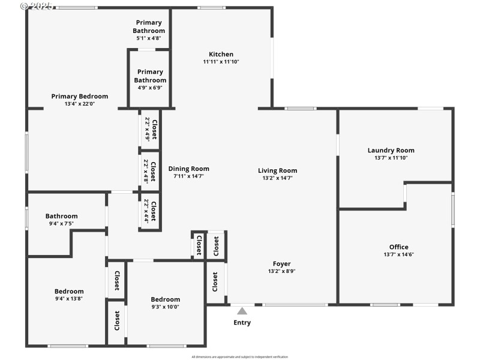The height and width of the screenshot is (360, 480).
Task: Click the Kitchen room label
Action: pos(221,54)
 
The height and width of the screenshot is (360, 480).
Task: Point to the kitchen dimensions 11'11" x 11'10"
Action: pos(221,62)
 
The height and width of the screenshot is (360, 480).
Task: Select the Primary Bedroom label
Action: pos(80,96)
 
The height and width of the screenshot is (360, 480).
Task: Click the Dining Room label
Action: pos(188,169)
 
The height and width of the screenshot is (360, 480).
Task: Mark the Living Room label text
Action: pos(277,170)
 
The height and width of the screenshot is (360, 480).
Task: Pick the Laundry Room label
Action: pos(391,151)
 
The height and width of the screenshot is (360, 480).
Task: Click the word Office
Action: pos(398,247)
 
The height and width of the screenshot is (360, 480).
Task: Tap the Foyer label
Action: pos(281,263)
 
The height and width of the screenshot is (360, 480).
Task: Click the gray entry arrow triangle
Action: pos(242,311)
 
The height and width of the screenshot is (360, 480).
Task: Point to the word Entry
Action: pos(242,323)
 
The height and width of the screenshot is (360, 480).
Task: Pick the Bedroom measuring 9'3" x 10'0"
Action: pos(165,303)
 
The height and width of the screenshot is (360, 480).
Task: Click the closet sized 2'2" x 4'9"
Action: pos(151,130)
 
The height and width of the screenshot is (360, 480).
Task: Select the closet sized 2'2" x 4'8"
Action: pos(150,170)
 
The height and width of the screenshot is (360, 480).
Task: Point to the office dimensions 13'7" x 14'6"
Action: pos(398,254)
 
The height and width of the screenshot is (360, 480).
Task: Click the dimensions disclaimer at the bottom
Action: pos(240,356)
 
